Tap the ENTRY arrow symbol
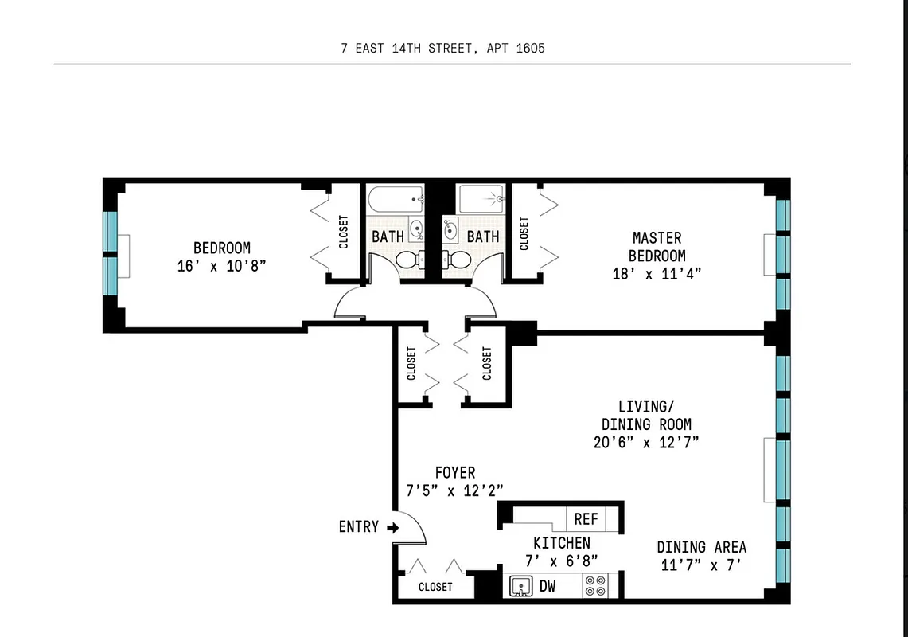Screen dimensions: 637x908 [392, 527]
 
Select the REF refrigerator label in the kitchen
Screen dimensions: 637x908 [586, 519]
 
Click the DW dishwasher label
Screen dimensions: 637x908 [548, 587]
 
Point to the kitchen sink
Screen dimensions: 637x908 [520, 587]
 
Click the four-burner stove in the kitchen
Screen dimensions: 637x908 [594, 586]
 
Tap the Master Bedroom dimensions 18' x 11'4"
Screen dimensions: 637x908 [657, 274]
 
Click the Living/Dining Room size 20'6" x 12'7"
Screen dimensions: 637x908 [645, 443]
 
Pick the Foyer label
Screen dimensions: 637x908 [455, 473]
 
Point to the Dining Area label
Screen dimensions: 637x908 [701, 547]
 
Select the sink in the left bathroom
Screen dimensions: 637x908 [416, 231]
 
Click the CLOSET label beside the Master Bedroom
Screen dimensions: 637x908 [524, 234]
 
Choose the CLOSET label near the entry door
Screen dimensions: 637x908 [435, 587]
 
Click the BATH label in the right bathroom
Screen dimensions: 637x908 [483, 236]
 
